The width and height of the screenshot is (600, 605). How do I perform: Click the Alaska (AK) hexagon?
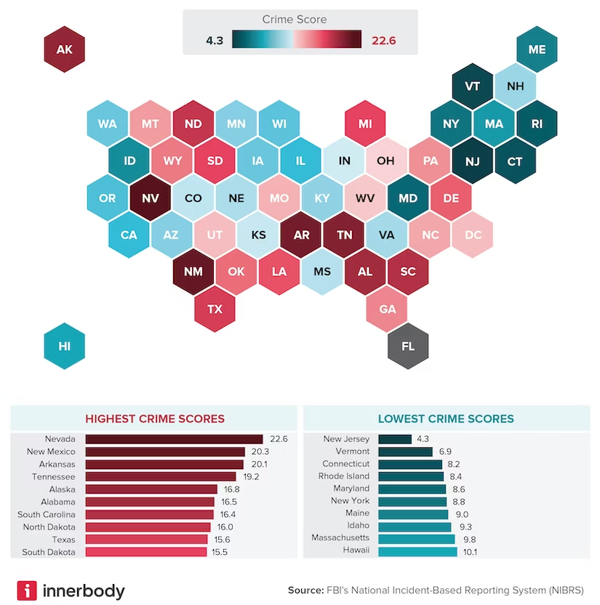pyautogui.click(x=65, y=49)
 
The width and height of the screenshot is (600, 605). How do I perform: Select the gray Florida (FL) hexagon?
pyautogui.click(x=408, y=346)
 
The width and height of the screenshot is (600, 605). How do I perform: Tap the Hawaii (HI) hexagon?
pyautogui.click(x=65, y=346)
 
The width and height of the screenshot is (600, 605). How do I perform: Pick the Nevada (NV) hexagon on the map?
pyautogui.click(x=150, y=198)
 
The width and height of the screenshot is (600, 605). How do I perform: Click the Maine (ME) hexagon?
pyautogui.click(x=537, y=49)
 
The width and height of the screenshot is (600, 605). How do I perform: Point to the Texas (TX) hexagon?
pyautogui.click(x=215, y=309)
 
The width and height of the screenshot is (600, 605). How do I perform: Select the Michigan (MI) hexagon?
pyautogui.click(x=365, y=123)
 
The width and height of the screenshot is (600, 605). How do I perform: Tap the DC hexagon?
pyautogui.click(x=473, y=235)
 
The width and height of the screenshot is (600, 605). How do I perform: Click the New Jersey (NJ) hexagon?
pyautogui.click(x=473, y=161)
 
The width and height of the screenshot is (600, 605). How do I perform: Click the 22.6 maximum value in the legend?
pyautogui.click(x=383, y=41)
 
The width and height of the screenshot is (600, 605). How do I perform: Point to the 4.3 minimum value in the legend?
pyautogui.click(x=215, y=41)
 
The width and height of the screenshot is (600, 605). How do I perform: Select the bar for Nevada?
pyautogui.click(x=174, y=439)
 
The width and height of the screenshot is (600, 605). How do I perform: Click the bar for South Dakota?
pyautogui.click(x=146, y=552)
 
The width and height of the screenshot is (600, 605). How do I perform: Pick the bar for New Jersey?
pyautogui.click(x=395, y=439)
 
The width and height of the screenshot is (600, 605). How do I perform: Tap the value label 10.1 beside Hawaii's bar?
pyautogui.click(x=469, y=551)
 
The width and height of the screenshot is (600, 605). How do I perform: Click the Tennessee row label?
pyautogui.click(x=53, y=476)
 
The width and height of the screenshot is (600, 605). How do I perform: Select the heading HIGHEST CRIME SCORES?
pyautogui.click(x=155, y=418)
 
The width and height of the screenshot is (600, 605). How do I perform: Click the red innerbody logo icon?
pyautogui.click(x=27, y=590)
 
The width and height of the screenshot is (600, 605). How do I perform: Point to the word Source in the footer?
pyautogui.click(x=305, y=590)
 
